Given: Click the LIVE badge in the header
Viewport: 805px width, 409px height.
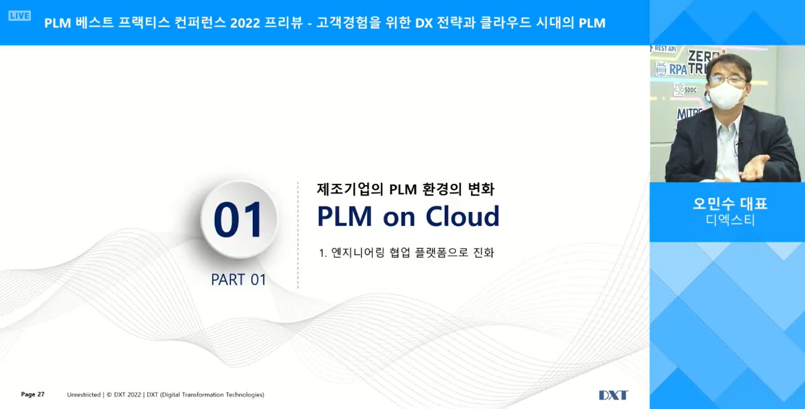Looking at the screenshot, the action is point(19,16).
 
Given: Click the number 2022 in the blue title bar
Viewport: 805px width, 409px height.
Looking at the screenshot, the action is point(245,23).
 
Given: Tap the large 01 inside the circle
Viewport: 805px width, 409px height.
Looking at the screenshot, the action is point(238,220).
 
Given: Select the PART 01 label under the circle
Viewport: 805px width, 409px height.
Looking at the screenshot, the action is point(238,280).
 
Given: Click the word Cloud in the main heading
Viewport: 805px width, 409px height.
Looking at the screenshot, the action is point(462,217).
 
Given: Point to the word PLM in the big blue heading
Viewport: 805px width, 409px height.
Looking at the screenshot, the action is point(345,217).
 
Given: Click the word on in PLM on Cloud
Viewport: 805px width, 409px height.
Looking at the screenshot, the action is point(399,219).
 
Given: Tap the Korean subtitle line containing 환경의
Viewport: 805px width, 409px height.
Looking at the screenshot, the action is point(405,189).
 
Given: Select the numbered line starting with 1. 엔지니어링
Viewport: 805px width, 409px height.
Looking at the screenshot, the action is point(406,253).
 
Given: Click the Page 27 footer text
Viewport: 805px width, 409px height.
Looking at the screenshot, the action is point(33,394).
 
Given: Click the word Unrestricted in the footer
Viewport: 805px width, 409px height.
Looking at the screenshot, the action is point(84,395).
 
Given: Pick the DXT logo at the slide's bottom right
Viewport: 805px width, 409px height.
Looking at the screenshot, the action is point(613,395).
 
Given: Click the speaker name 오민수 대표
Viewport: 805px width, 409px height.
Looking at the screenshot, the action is point(730,203).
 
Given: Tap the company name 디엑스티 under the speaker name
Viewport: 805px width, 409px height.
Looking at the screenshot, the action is point(730,220).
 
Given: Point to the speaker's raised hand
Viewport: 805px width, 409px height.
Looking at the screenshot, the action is point(754,167).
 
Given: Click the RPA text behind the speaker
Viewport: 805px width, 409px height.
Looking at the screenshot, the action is point(678,70).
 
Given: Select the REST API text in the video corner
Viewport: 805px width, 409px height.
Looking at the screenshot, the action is point(665,49).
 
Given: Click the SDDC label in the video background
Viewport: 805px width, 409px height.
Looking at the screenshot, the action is point(690,90).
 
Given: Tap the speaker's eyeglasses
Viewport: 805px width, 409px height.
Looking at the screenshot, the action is point(728,79).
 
